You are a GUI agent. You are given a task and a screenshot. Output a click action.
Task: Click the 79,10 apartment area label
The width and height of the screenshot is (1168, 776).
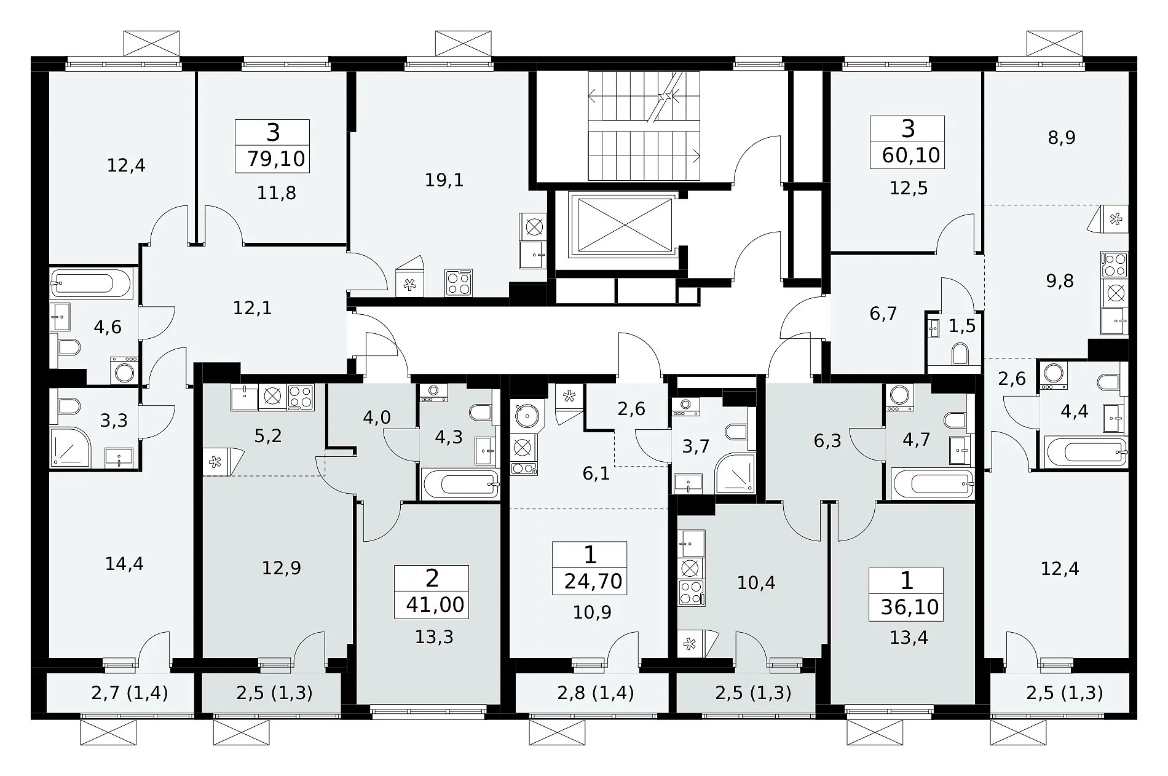pyautogui.click(x=276, y=159)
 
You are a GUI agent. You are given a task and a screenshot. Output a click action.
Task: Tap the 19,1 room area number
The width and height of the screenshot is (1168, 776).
pyautogui.click(x=444, y=180)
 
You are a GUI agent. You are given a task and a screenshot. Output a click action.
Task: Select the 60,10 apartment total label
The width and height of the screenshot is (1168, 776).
pyautogui.click(x=910, y=156)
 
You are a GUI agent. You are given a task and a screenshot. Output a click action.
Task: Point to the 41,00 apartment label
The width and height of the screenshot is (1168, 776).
pyautogui.click(x=435, y=604)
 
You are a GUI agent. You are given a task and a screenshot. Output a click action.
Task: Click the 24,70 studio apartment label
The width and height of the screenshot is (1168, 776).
pyautogui.click(x=593, y=581)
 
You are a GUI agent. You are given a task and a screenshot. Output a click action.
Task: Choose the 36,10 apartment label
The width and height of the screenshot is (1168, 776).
pyautogui.click(x=909, y=607)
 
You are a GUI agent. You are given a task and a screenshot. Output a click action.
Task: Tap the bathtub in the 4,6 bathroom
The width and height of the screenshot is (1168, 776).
pyautogui.click(x=90, y=283)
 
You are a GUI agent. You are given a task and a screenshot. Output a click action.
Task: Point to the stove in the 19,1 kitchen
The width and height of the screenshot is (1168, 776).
pyautogui.click(x=459, y=283)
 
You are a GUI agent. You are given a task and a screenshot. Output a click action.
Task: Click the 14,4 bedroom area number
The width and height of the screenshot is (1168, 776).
pyautogui.click(x=125, y=563)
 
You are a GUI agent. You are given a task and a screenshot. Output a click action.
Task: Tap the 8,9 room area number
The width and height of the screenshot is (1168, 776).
pyautogui.click(x=1062, y=137)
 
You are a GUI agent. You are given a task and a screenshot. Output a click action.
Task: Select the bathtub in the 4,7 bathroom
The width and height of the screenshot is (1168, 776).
pyautogui.click(x=932, y=484)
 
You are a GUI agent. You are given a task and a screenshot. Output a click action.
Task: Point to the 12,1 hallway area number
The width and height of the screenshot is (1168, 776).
pyautogui.click(x=252, y=308)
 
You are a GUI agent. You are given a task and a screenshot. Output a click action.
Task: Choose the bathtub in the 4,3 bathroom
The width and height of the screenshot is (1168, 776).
pyautogui.click(x=460, y=484)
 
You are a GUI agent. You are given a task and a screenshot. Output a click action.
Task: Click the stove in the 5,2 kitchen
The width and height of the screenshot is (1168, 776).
pyautogui.click(x=301, y=397)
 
